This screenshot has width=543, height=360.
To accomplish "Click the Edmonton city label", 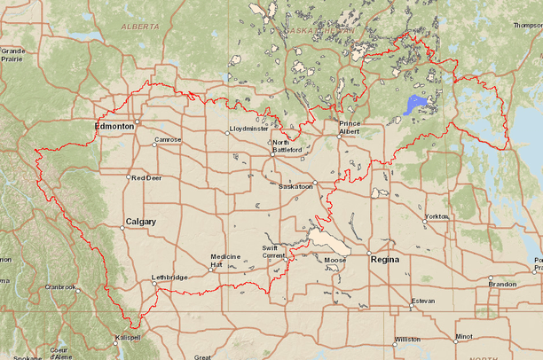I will pyautogui.click(x=114, y=127).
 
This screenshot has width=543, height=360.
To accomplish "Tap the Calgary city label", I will pyautogui.click(x=141, y=221).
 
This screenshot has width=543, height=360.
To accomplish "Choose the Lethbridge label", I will pyautogui.click(x=169, y=278).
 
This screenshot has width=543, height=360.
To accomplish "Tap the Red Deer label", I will pyautogui.click(x=146, y=177).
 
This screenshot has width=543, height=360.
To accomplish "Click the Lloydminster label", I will pyautogui.click(x=248, y=129).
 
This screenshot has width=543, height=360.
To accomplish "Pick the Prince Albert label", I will pyautogui.click(x=350, y=128).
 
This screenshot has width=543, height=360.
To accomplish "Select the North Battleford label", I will pyautogui.click(x=293, y=146).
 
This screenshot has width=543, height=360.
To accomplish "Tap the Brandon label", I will pyautogui.click(x=501, y=284).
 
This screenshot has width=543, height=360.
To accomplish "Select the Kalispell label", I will pyautogui.click(x=128, y=339).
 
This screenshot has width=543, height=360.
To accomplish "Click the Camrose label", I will pyautogui.click(x=168, y=139).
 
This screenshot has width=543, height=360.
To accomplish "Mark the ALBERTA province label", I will pyautogui.click(x=140, y=27).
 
